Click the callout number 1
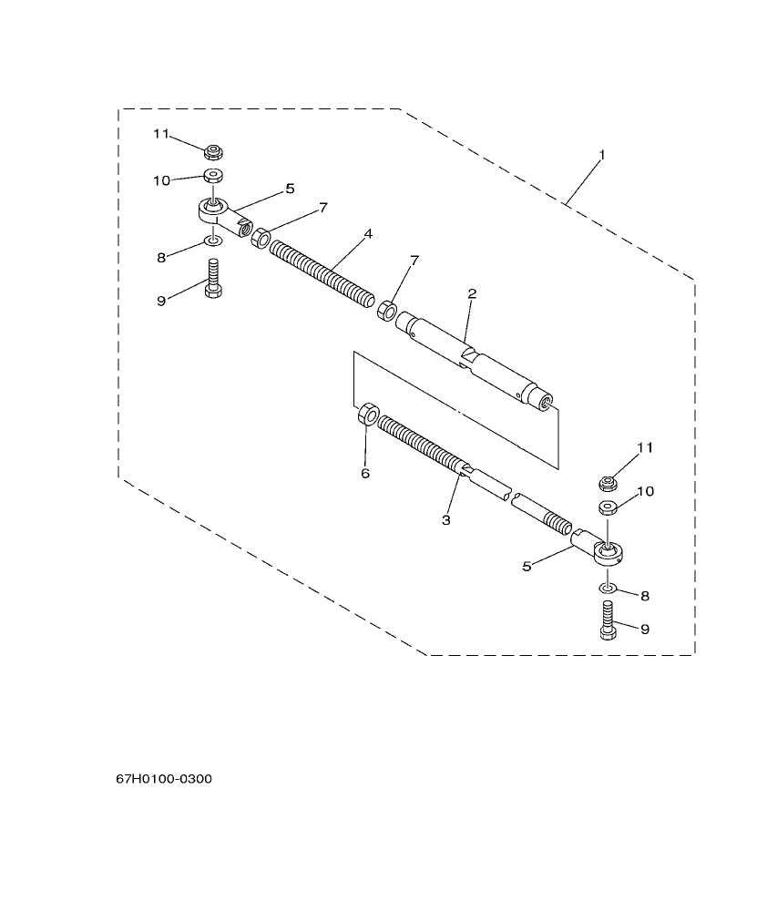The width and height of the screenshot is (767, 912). click(601, 156)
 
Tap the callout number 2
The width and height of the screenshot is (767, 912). click(472, 293)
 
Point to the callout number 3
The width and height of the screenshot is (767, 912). click(446, 520)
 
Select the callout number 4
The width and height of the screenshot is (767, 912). click(367, 234)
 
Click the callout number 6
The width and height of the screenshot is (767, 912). click(365, 473)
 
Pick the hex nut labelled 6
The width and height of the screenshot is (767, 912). click(368, 413)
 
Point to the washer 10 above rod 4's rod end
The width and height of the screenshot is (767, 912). click(213, 175)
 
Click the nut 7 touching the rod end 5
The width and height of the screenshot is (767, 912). click(260, 238)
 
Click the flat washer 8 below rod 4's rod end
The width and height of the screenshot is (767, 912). click(213, 241)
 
